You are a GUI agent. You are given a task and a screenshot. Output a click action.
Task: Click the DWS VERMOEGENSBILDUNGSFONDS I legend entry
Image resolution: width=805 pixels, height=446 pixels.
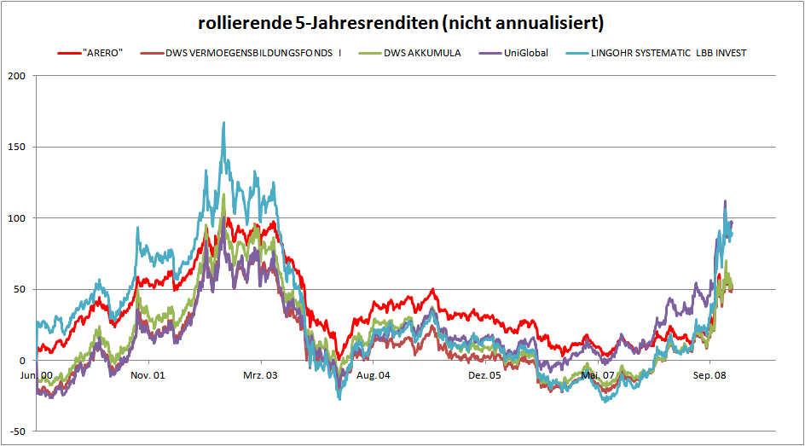tap(257, 54)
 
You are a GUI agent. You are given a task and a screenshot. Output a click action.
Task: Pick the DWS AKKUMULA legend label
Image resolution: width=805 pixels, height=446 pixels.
tap(421, 54)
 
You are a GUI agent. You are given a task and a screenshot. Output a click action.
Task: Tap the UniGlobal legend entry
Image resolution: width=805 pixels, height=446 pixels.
tap(525, 54)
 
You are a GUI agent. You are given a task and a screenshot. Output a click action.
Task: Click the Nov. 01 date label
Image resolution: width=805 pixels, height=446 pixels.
tap(148, 375)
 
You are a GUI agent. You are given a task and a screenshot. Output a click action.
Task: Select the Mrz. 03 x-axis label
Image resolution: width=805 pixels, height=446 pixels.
tap(260, 375)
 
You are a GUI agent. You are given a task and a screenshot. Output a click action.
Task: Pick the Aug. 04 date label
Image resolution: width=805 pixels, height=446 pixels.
tap(373, 375)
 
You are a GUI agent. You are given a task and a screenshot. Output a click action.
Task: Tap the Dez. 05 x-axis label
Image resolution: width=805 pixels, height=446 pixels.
tap(484, 375)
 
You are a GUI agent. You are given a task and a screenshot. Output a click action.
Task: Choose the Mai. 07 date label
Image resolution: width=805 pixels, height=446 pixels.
tap(597, 375)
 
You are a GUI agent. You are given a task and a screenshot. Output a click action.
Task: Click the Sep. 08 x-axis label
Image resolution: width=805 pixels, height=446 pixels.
tap(709, 375)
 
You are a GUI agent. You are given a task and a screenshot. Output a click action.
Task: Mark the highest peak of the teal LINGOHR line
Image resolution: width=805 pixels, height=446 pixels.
tap(223, 123)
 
